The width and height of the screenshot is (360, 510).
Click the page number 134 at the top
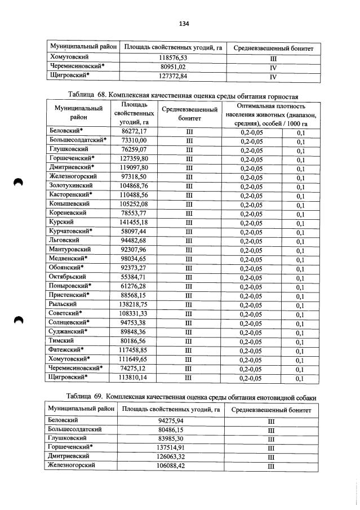[184, 23]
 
